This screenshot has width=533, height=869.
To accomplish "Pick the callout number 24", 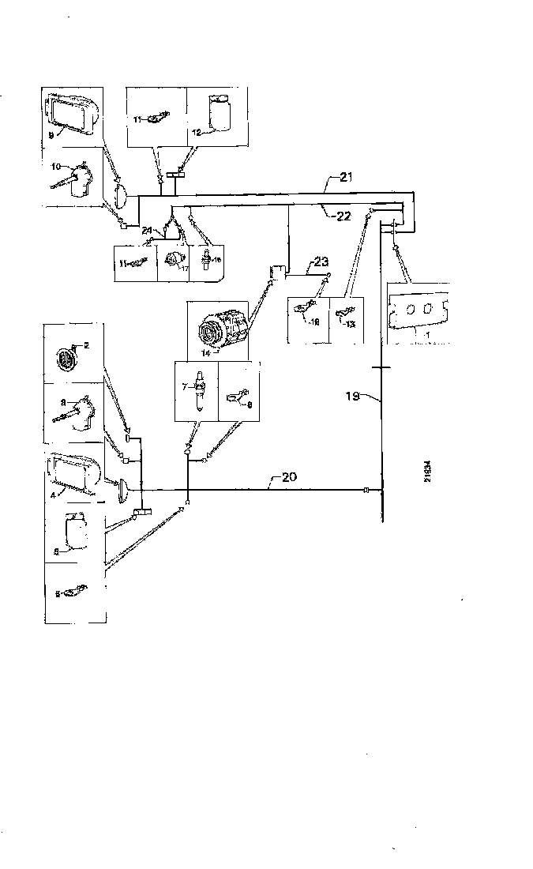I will click(148, 231).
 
